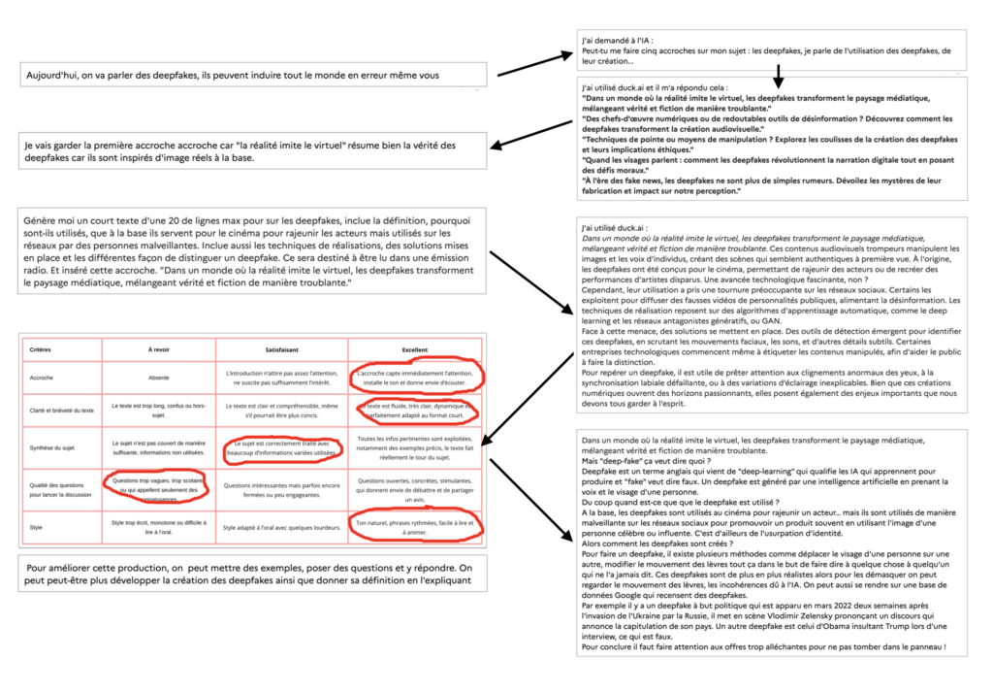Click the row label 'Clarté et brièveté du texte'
61,409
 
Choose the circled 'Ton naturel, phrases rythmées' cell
416,526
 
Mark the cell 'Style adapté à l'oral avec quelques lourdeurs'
281,528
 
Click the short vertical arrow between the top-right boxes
778,77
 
